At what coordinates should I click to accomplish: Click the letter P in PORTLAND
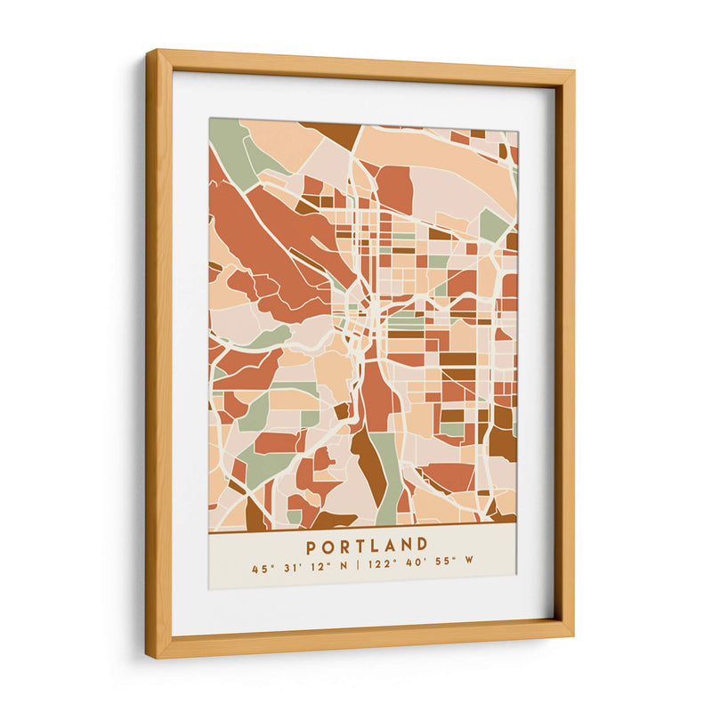pyautogui.click(x=311, y=546)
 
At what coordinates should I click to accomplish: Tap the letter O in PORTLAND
pyautogui.click(x=328, y=546)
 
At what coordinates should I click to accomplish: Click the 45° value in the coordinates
pyautogui.click(x=259, y=568)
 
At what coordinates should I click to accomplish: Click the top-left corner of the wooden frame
pyautogui.click(x=150, y=53)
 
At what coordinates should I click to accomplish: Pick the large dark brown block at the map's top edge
pyautogui.click(x=334, y=133)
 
